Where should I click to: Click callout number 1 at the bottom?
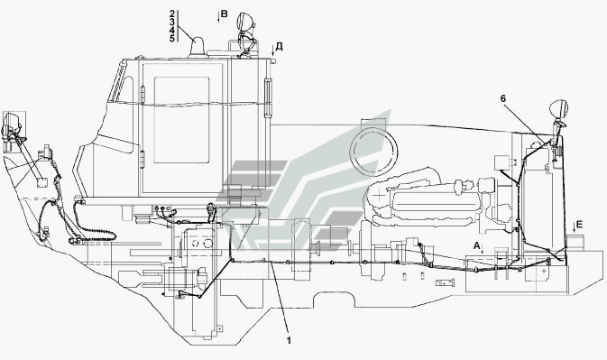(289, 340)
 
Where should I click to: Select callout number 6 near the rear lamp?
(503, 98)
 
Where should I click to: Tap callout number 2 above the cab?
(172, 14)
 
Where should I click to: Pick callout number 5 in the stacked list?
(172, 38)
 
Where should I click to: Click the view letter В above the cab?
(224, 14)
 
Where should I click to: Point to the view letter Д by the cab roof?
(279, 47)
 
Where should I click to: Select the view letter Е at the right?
(579, 225)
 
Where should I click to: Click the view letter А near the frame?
(476, 245)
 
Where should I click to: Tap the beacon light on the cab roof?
(198, 47)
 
